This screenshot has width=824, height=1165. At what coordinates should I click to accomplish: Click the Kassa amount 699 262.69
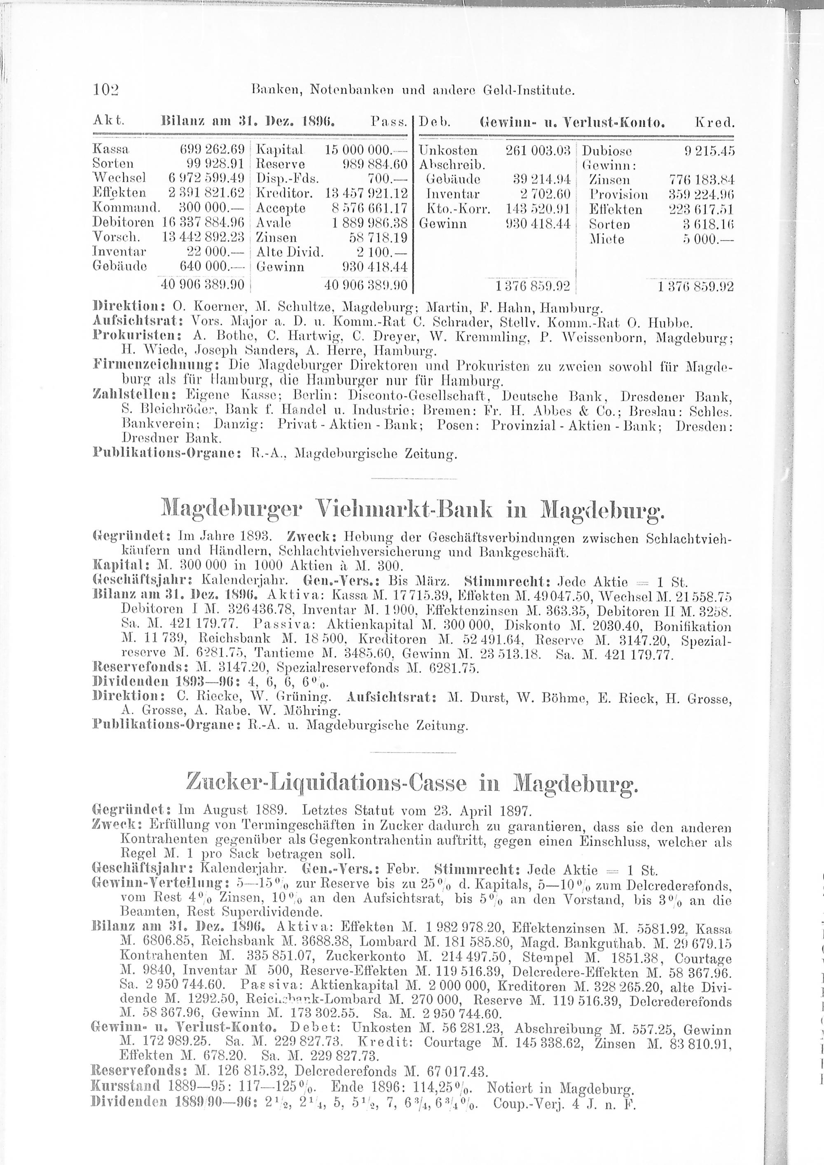213,150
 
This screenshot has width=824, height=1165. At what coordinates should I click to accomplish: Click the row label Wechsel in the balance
119,179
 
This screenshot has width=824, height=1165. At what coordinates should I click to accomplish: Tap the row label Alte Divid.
290,252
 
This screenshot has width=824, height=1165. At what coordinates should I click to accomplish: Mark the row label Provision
618,194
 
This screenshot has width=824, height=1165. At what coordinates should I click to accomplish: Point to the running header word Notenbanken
351,91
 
